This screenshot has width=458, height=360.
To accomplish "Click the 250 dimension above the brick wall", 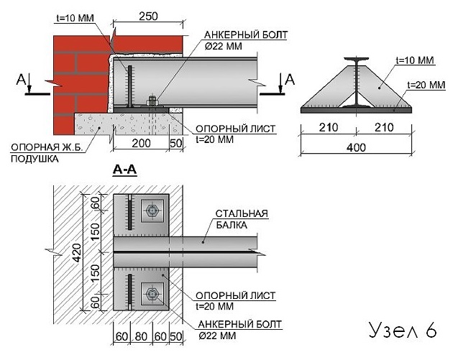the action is [148, 17].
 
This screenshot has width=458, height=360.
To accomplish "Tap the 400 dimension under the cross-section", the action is [356, 147].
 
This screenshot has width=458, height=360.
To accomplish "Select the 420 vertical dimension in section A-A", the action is [77, 253].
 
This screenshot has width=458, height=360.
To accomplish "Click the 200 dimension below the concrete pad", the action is [141, 144].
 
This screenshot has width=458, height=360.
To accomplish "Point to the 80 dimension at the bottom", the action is [141, 336].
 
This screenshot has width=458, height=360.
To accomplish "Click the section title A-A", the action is [124, 170].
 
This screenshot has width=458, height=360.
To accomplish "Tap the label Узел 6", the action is [403, 331].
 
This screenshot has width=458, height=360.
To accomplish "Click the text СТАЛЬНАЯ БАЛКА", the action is [242, 219].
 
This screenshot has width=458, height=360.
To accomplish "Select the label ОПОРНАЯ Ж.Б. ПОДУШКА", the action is [47, 153].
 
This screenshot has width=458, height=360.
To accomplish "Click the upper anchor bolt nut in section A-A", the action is [152, 211].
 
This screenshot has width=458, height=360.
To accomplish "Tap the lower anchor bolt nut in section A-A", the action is [152, 294].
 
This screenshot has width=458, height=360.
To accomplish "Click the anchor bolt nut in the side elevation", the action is [152, 101].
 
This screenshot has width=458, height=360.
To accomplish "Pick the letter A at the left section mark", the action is [21, 79].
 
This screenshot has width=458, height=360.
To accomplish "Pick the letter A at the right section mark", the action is [290, 79].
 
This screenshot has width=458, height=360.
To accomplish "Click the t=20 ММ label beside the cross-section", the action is [426, 85].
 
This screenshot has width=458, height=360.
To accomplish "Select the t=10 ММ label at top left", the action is [75, 18].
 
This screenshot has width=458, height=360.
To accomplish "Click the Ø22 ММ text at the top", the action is [224, 46].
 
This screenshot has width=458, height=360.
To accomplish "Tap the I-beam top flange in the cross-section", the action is [356, 59].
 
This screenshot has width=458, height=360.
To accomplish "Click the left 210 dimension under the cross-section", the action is [329, 127].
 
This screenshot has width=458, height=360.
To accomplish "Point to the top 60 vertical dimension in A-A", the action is [95, 203].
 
